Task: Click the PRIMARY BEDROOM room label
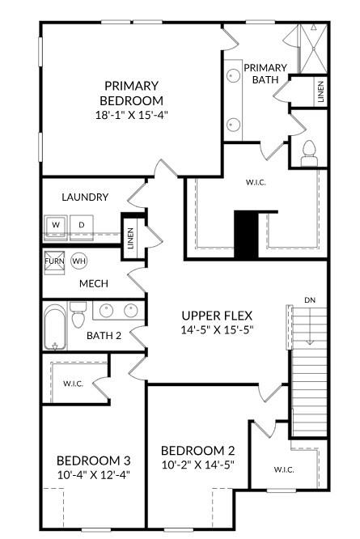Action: tap(131, 93)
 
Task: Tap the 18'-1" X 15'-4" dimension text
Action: tap(131, 115)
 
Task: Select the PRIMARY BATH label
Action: tap(265, 74)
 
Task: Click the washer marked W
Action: tap(56, 224)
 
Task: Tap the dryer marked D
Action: tap(81, 224)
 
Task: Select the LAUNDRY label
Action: tap(85, 197)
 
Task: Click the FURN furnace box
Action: tap(54, 261)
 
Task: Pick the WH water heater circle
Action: tap(79, 261)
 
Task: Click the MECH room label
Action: tap(93, 284)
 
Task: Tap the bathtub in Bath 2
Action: tap(56, 327)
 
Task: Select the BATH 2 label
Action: tap(104, 335)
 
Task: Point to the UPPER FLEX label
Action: tap(218, 316)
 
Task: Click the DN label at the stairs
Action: tap(310, 300)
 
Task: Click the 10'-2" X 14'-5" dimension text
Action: tap(197, 465)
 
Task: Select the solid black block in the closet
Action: tap(245, 235)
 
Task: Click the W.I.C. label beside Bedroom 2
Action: tap(283, 469)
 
